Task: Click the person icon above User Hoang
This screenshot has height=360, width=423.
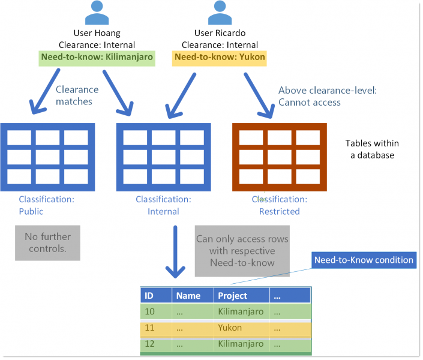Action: click(x=97, y=13)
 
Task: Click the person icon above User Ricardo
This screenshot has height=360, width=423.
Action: click(x=220, y=13)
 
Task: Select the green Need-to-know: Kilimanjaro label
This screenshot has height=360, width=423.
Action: click(x=97, y=58)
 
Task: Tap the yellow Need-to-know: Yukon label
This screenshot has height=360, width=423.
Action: click(x=220, y=58)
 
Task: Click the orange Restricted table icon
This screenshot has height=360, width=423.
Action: click(x=279, y=154)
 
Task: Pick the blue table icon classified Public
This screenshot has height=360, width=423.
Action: click(x=48, y=154)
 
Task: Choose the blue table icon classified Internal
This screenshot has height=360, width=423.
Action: click(x=164, y=154)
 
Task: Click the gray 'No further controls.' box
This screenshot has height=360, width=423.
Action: click(x=47, y=243)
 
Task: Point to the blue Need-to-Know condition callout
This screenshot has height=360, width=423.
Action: click(x=364, y=260)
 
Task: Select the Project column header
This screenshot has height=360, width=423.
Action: click(x=240, y=295)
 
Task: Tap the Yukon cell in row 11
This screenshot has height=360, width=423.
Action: click(x=230, y=328)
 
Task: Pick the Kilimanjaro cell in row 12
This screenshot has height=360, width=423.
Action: click(x=240, y=344)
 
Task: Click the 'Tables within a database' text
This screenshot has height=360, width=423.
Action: click(x=372, y=149)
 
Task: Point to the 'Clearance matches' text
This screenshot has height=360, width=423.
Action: click(x=77, y=95)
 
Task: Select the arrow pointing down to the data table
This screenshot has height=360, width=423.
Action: click(x=175, y=252)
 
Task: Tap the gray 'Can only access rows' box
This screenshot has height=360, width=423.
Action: click(x=242, y=251)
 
